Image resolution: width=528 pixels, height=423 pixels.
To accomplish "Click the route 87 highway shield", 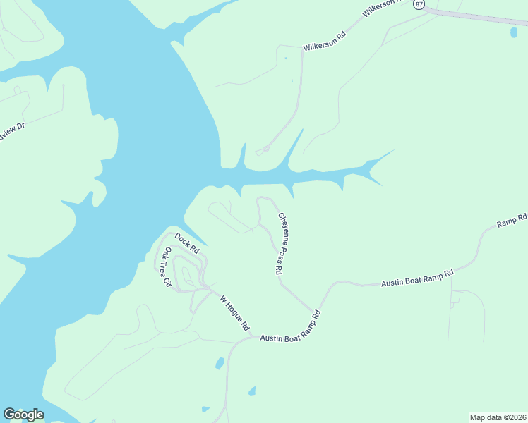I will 419,4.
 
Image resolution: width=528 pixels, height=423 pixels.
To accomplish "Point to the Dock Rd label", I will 187,242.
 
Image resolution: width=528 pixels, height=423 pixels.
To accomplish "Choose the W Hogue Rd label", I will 234,313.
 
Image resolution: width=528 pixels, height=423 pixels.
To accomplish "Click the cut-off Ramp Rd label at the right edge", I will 512,220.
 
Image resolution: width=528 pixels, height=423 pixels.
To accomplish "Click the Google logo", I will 23,415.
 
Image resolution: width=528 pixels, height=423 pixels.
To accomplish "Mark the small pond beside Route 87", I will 513,32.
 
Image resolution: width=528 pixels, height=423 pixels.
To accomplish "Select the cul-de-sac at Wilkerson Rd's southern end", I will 265,149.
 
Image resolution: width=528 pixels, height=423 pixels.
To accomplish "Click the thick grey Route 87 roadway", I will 480,18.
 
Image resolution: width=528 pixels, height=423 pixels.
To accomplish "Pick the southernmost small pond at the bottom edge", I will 205,409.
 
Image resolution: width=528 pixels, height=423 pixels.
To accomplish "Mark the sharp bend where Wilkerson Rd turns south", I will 302,53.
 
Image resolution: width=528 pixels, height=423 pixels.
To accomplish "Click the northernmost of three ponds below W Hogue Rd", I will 220,363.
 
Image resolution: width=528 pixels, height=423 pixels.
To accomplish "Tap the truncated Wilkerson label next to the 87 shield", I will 381,8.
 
